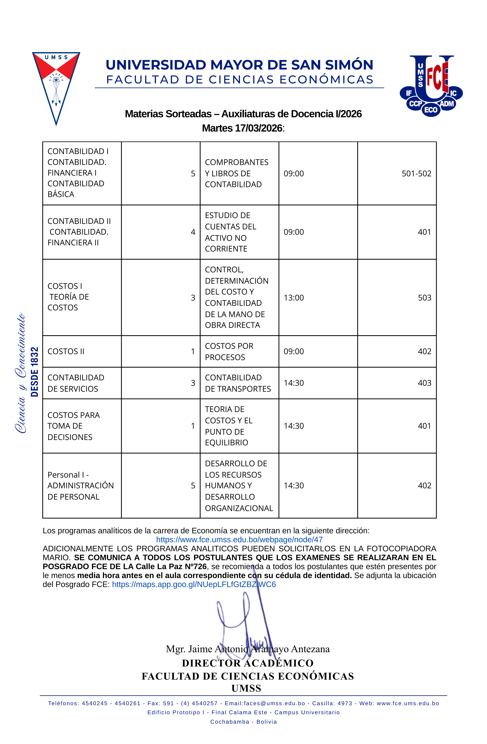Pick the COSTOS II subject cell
click(x=66, y=351)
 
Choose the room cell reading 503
click(x=424, y=298)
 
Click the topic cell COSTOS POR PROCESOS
click(x=229, y=351)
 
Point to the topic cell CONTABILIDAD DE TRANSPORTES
click(x=238, y=383)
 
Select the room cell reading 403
click(x=424, y=383)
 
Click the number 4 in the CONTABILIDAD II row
click(x=193, y=232)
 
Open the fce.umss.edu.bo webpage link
click(x=239, y=540)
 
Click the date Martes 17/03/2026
click(x=242, y=128)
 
